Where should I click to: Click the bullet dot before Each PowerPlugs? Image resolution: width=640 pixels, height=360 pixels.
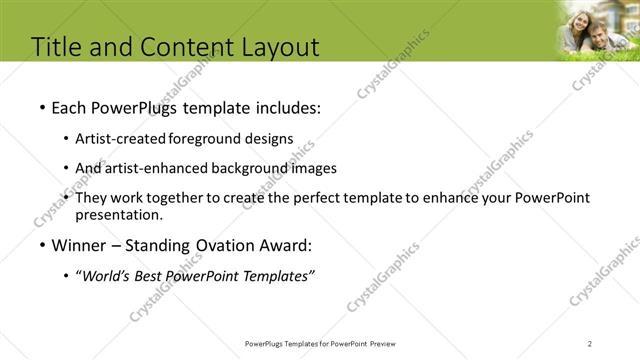[41, 108]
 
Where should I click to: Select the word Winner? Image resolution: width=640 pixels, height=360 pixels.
[78, 245]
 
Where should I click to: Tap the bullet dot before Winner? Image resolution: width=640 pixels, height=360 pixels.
[41, 245]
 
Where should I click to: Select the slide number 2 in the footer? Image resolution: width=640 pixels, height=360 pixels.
[590, 343]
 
